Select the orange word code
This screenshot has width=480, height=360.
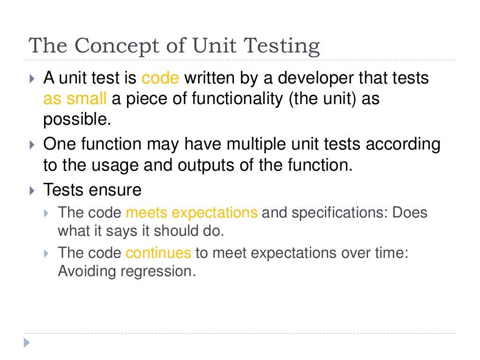160,78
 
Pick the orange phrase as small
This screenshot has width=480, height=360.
75,99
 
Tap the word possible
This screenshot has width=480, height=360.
77,120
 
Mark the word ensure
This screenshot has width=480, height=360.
117,190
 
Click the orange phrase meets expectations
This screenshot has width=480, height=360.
192,213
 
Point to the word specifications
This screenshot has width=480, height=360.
339,213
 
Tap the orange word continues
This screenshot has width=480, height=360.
158,253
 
